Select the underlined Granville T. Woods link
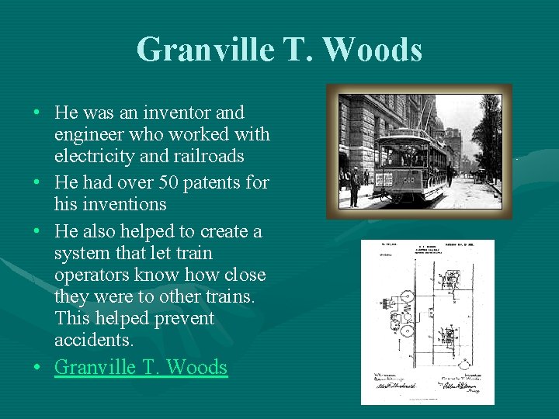point(141,367)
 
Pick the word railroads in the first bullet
point(207,156)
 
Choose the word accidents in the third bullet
point(94,340)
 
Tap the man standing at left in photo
point(355,186)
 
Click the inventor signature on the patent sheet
point(466,386)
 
